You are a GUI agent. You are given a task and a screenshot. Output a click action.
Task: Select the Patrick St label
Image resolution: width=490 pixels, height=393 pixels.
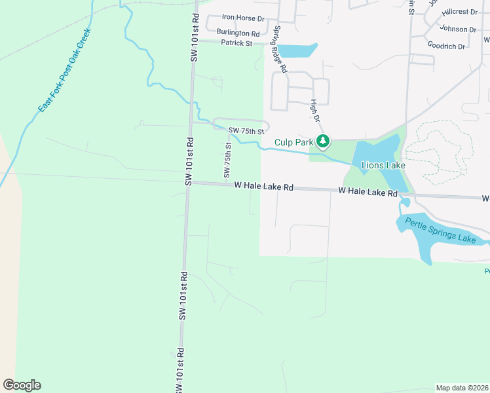pyautogui.click(x=236, y=43)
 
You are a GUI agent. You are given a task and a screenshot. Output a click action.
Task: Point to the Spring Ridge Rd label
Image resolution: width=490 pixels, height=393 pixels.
pyautogui.click(x=280, y=49)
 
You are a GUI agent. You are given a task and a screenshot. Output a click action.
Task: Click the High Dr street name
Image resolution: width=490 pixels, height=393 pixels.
pyautogui.click(x=314, y=111)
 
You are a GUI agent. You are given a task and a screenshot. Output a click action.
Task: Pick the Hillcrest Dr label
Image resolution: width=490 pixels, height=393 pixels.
pyautogui.click(x=459, y=12)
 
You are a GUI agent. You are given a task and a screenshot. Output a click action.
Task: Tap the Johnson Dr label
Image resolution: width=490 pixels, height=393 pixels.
pyautogui.click(x=458, y=29)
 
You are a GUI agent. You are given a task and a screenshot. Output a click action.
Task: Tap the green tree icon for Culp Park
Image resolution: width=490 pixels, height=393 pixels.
pyautogui.click(x=322, y=141)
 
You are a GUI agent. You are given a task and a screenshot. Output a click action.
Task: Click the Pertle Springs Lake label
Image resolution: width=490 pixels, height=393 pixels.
pyautogui.click(x=440, y=230)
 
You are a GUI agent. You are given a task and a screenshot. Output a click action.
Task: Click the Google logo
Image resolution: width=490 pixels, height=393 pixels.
pyautogui.click(x=22, y=385)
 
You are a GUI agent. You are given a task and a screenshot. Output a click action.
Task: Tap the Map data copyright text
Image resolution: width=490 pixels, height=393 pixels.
pyautogui.click(x=462, y=388)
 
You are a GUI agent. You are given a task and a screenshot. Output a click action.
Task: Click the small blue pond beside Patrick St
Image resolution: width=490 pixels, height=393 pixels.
pyautogui.click(x=298, y=50)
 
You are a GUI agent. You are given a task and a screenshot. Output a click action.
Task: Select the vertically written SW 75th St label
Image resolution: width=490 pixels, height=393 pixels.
pyautogui.click(x=228, y=160)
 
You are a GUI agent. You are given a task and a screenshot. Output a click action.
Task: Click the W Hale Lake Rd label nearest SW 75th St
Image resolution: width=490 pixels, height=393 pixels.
pyautogui.click(x=263, y=187)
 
